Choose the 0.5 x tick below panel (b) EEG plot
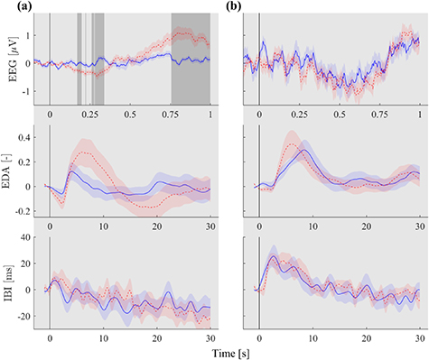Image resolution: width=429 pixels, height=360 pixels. click(x=340, y=115)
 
